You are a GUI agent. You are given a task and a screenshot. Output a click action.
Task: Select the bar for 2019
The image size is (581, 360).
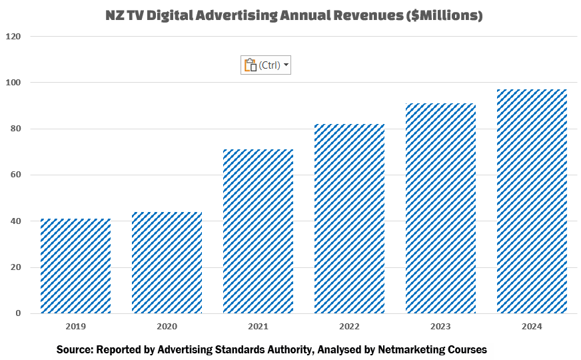pos(75,266)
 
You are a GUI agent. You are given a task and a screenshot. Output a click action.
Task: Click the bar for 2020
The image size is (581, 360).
pos(167,263)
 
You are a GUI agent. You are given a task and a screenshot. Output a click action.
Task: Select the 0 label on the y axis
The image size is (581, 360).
pos(18,314)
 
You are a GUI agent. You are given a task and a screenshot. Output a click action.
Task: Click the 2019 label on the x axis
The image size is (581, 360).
pos(75,327)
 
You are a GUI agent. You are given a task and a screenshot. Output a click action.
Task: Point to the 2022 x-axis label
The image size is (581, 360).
pos(349,327)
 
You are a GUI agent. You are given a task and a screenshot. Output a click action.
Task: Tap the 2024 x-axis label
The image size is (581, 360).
pos(532,327)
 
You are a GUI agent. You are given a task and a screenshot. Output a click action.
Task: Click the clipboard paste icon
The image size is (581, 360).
pos(251,65)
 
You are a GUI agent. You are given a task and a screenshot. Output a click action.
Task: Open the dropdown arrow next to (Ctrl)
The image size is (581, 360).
pos(286,65)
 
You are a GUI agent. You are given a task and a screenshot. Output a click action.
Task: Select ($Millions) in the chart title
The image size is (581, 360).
pos(444,15)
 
